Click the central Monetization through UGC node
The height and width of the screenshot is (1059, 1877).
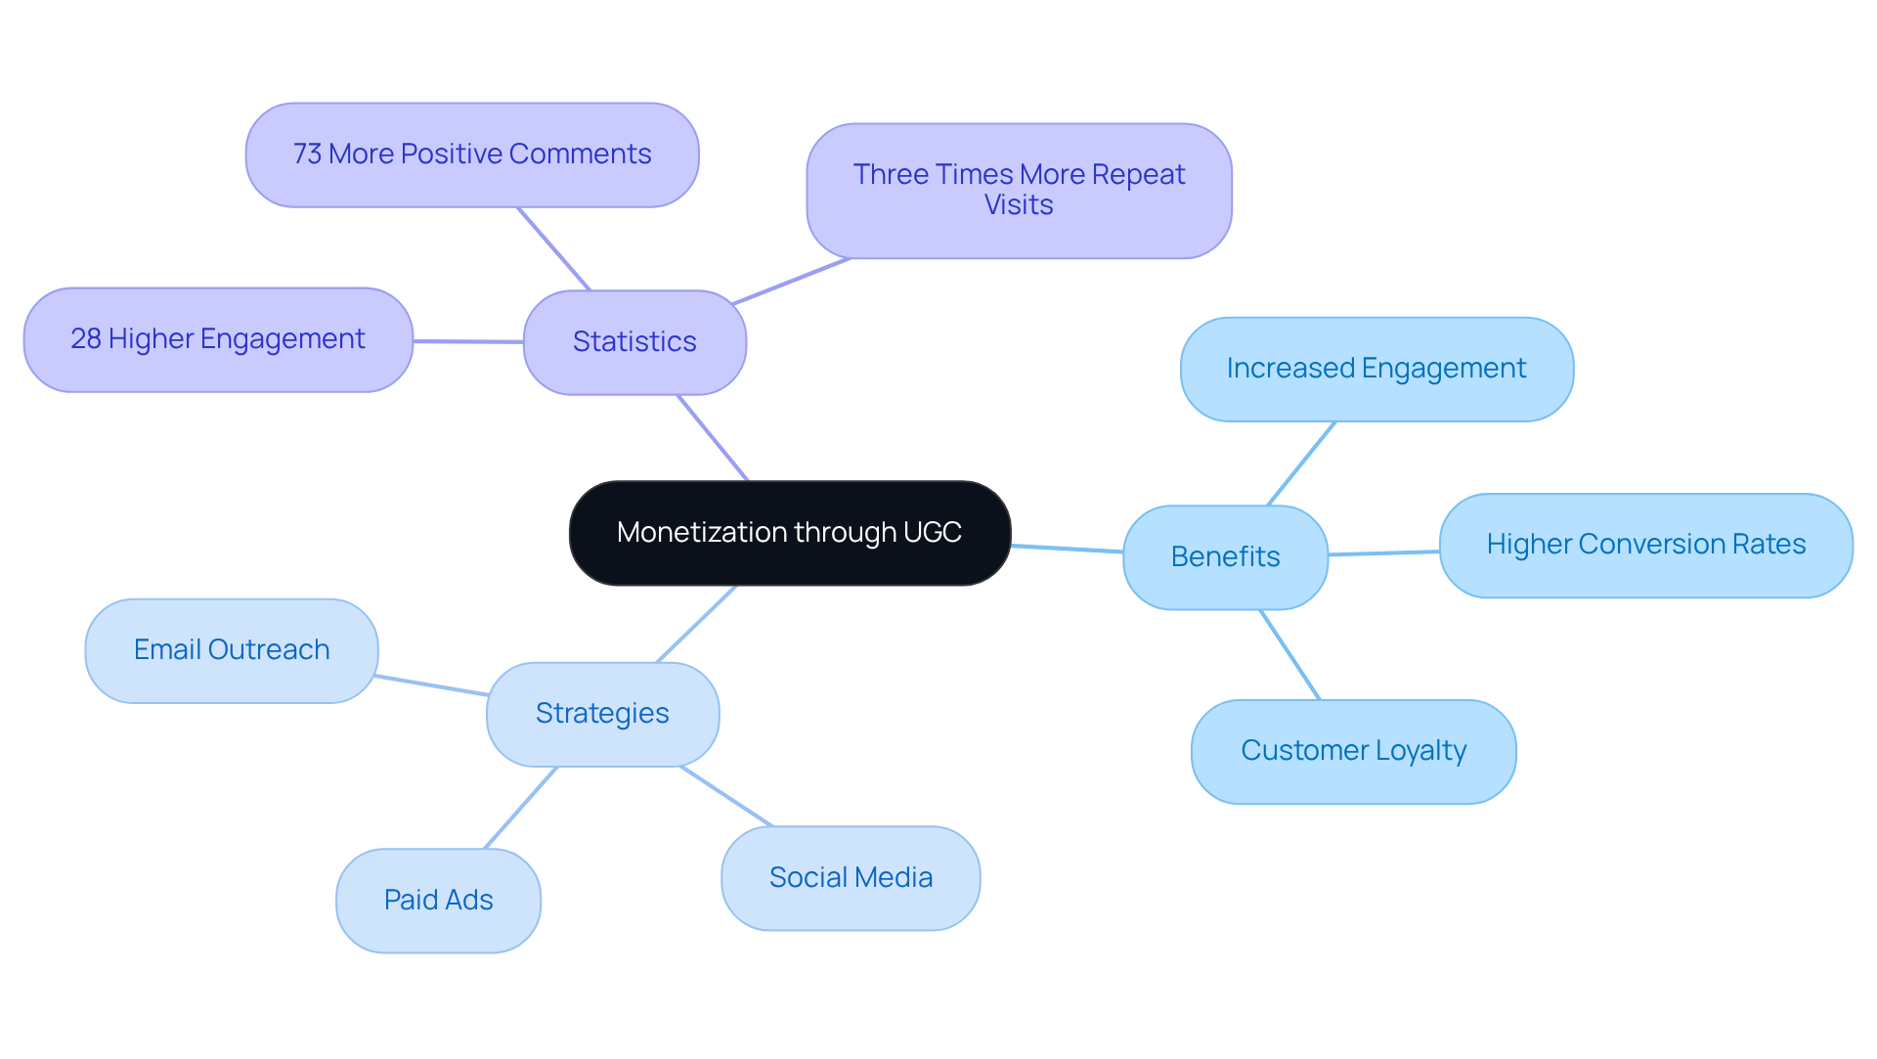(x=789, y=533)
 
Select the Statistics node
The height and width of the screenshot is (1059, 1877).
(x=634, y=342)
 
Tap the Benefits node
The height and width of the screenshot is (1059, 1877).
(x=1225, y=557)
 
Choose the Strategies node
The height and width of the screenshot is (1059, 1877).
(x=602, y=714)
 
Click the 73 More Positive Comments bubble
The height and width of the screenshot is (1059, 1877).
(x=472, y=154)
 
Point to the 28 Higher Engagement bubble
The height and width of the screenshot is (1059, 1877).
(x=217, y=339)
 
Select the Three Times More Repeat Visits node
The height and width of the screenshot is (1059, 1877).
(x=1019, y=191)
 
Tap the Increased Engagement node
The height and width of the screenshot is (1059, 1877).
(x=1376, y=369)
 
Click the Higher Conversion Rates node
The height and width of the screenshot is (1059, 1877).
(x=1645, y=545)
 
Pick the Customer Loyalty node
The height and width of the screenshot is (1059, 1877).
(x=1353, y=751)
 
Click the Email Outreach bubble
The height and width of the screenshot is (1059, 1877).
(x=232, y=650)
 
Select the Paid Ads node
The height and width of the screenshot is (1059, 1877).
(x=438, y=900)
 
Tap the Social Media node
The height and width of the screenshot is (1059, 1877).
(x=851, y=878)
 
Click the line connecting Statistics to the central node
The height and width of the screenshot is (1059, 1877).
(x=713, y=438)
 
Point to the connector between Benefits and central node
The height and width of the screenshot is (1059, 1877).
(x=1067, y=549)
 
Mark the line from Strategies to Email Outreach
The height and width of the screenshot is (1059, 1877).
(x=432, y=685)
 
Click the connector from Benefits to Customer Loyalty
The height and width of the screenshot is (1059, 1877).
(x=1290, y=654)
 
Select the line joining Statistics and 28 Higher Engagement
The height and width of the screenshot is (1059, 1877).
(x=467, y=341)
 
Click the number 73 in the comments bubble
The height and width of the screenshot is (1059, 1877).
(x=307, y=154)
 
